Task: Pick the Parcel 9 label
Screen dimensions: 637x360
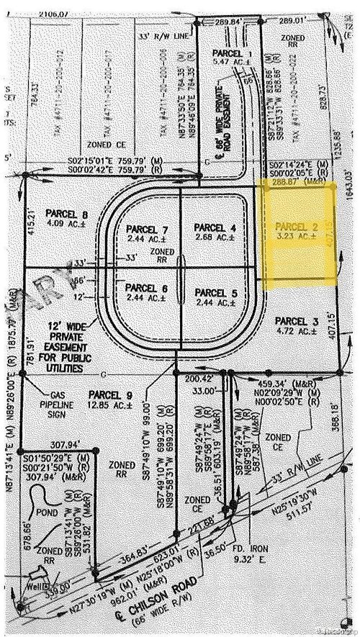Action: pyautogui.click(x=109, y=395)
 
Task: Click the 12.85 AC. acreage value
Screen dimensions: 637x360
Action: pyautogui.click(x=109, y=405)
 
